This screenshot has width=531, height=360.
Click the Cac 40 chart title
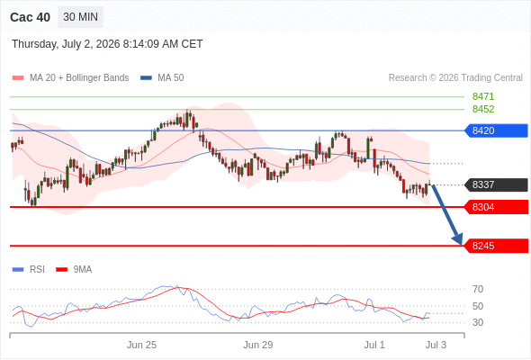(x=30, y=17)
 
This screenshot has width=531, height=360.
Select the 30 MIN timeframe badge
(x=81, y=17)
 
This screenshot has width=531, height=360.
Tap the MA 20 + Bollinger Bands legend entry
(x=70, y=78)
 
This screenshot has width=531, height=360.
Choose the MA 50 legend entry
(x=162, y=78)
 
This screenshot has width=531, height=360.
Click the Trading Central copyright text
(x=455, y=78)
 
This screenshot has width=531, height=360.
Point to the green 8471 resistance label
(x=483, y=96)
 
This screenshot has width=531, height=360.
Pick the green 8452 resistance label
(x=483, y=109)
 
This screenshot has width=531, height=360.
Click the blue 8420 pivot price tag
(x=496, y=130)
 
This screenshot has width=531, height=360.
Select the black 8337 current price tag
(x=496, y=184)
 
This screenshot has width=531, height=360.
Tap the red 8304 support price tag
(x=496, y=207)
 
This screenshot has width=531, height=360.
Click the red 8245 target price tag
(x=496, y=246)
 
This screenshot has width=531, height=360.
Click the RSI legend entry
(x=29, y=270)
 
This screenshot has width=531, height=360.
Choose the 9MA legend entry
(x=74, y=270)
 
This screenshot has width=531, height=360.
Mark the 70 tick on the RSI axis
(x=478, y=289)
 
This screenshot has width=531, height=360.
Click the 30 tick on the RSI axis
(x=478, y=322)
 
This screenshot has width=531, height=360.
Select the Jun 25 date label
(x=141, y=345)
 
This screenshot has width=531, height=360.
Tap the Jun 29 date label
(x=258, y=345)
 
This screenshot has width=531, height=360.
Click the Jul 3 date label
(x=436, y=345)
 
